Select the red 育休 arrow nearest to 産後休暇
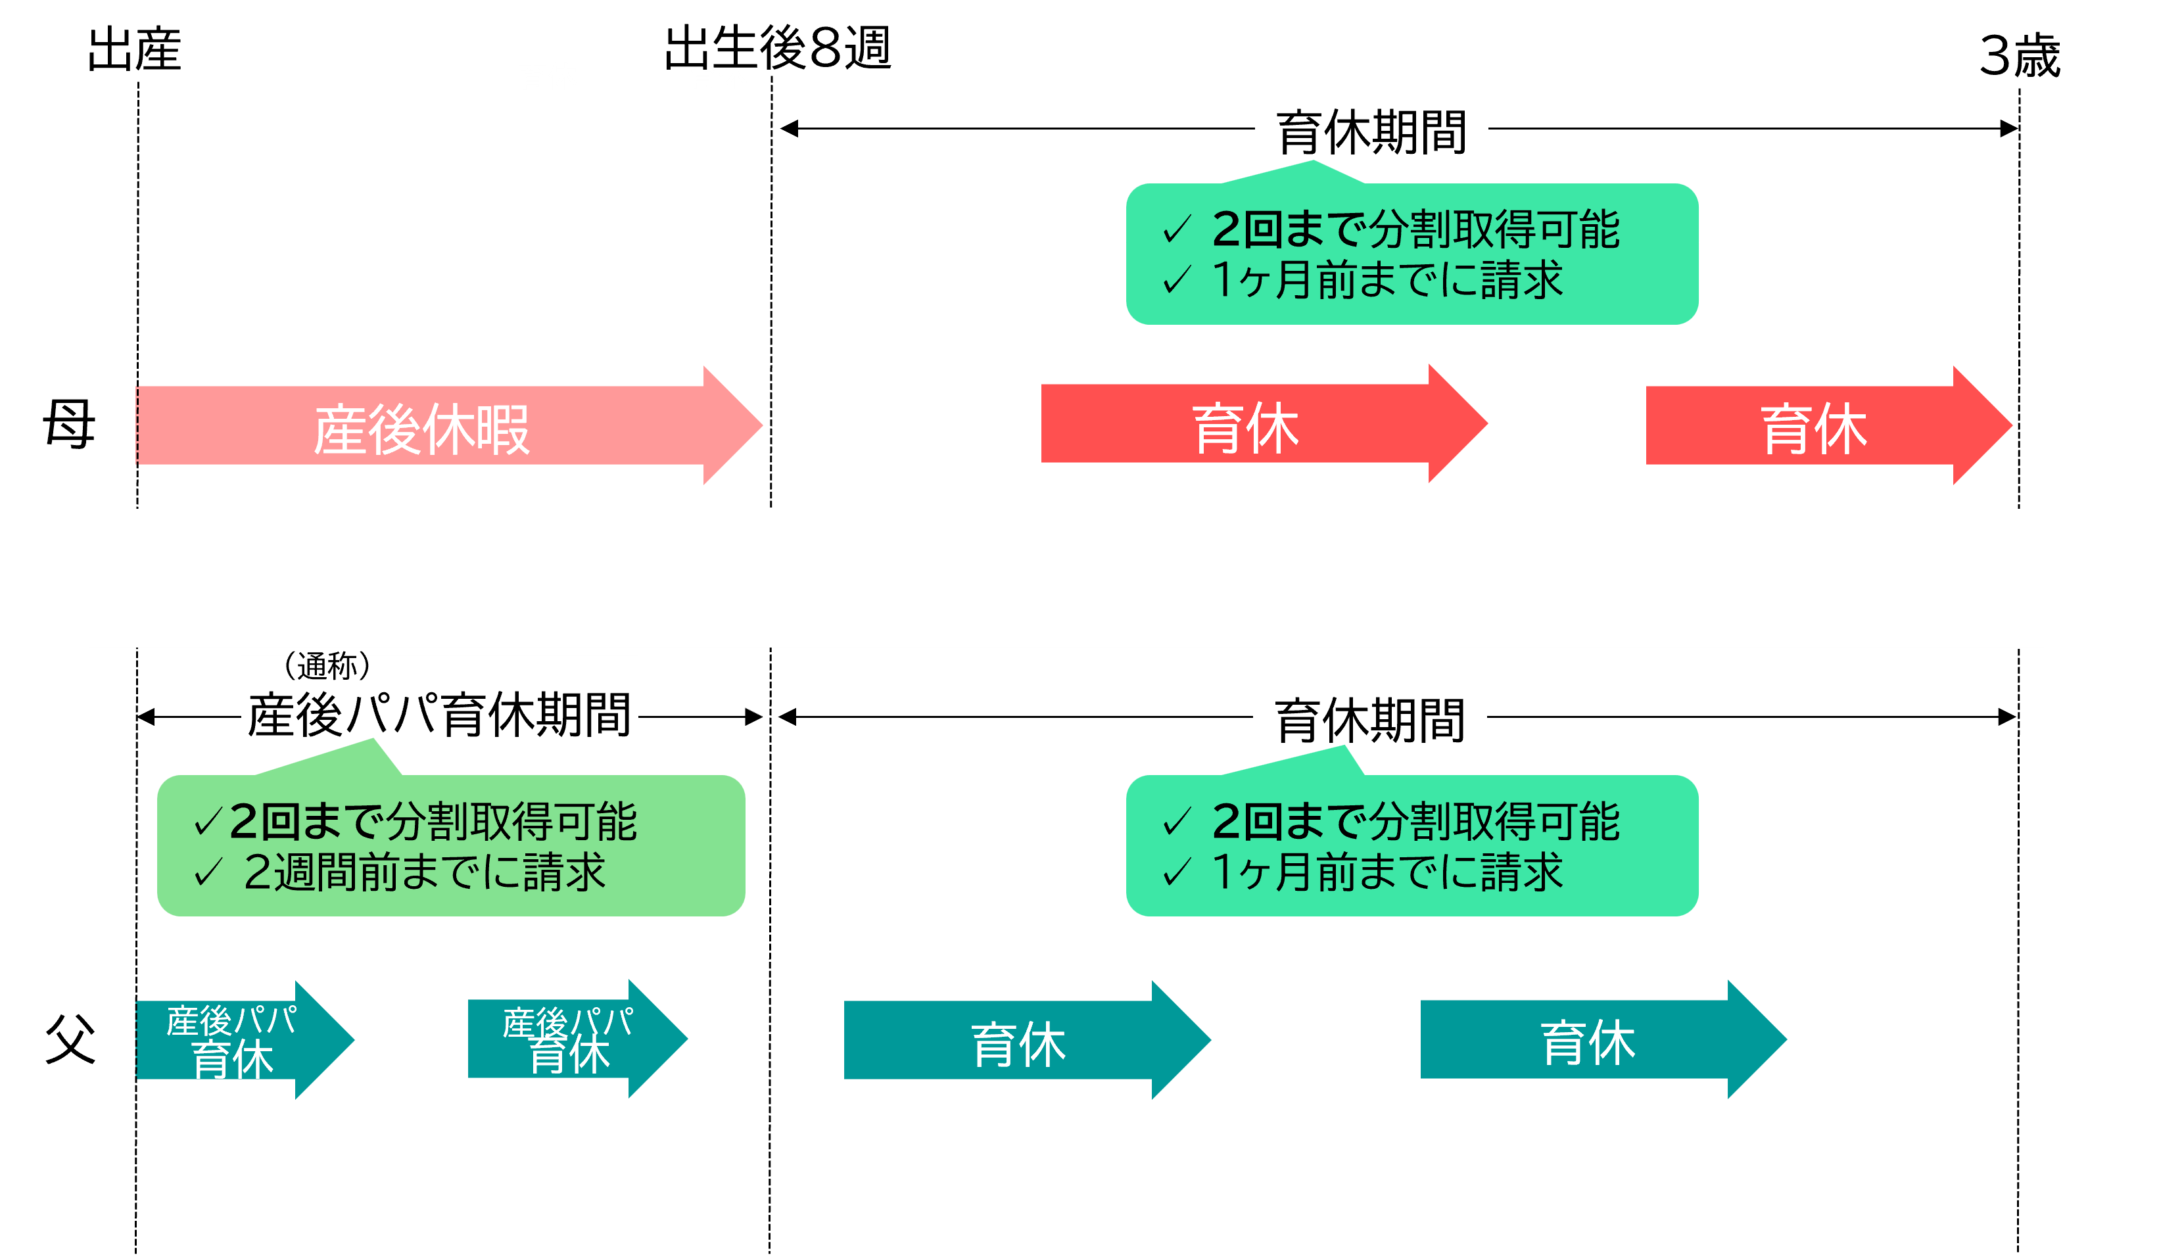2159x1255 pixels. point(1246,425)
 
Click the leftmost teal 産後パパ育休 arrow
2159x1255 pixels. point(231,1040)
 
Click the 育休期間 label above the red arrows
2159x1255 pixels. point(1371,130)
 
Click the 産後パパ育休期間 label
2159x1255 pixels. point(439,709)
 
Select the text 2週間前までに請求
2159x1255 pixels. point(425,872)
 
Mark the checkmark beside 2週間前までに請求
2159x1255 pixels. point(208,872)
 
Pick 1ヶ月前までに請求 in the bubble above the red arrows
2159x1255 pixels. point(1388,279)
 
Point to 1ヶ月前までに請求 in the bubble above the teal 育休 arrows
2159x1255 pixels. point(1388,872)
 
